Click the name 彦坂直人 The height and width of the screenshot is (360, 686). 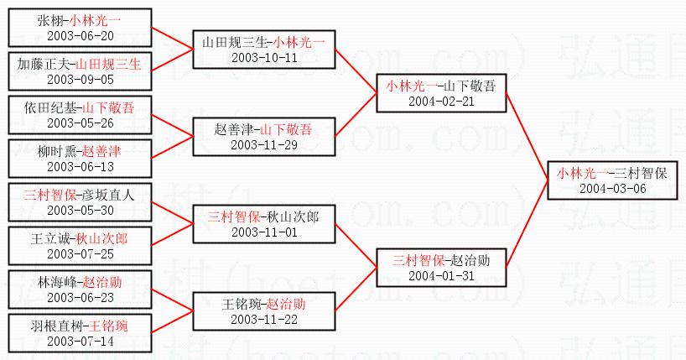pos(108,195)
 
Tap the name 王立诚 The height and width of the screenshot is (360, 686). pos(55,238)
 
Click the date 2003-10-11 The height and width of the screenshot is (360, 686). pos(264,57)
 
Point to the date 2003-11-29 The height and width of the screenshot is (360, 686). pos(264,144)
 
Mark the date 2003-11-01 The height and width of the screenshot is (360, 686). pos(264,232)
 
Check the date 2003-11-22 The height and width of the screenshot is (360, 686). pos(264,319)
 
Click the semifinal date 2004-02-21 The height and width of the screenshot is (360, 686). pos(441,101)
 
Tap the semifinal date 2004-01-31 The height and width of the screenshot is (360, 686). pos(441,275)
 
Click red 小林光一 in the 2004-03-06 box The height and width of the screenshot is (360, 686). pos(583,173)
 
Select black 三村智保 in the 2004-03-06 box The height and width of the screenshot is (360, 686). pos(640,173)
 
